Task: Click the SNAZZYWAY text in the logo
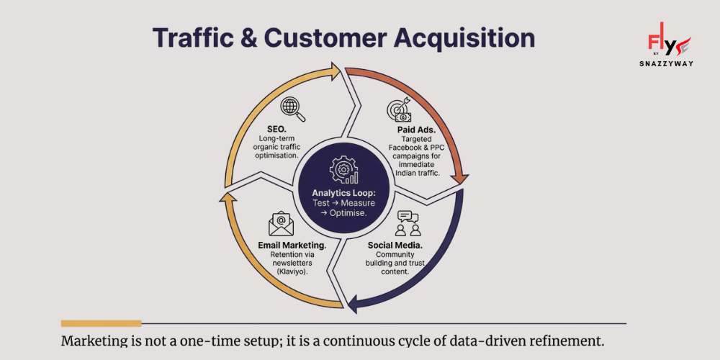click(665, 63)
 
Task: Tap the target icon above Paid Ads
click(398, 109)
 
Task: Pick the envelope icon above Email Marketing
click(281, 224)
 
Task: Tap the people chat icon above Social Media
click(408, 223)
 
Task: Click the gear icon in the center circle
click(344, 171)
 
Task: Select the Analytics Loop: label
click(343, 193)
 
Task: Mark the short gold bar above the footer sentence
click(101, 323)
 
